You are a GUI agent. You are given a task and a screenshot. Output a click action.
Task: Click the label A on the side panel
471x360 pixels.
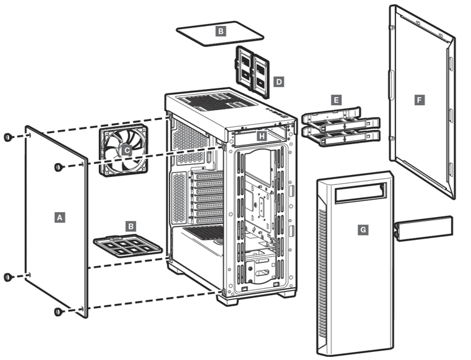click(59, 217)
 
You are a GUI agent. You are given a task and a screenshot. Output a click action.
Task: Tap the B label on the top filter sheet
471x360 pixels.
click(221, 30)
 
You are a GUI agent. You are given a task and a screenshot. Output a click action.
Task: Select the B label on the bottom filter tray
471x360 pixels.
click(131, 226)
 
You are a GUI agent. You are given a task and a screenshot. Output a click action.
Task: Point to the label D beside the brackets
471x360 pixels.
click(279, 81)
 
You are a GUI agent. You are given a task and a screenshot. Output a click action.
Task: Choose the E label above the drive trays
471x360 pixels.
click(336, 99)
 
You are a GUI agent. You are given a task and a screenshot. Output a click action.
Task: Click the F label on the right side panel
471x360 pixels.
click(420, 99)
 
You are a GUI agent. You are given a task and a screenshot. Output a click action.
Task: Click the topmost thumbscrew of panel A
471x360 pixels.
click(8, 137)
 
